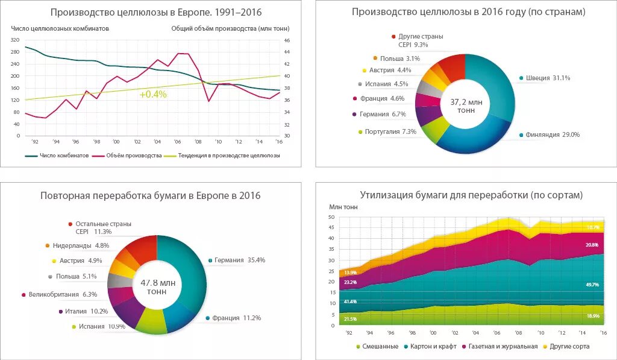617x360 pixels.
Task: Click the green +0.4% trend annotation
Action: [153, 94]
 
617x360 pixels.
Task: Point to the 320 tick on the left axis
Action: [14, 40]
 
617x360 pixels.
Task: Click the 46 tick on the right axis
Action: [287, 40]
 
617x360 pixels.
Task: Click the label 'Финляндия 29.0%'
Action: [552, 135]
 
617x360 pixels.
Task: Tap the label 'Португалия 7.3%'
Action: [389, 131]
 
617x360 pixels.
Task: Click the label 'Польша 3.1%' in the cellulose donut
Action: [399, 58]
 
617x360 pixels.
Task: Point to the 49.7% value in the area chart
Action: [593, 284]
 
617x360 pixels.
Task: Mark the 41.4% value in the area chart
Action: [350, 301]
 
